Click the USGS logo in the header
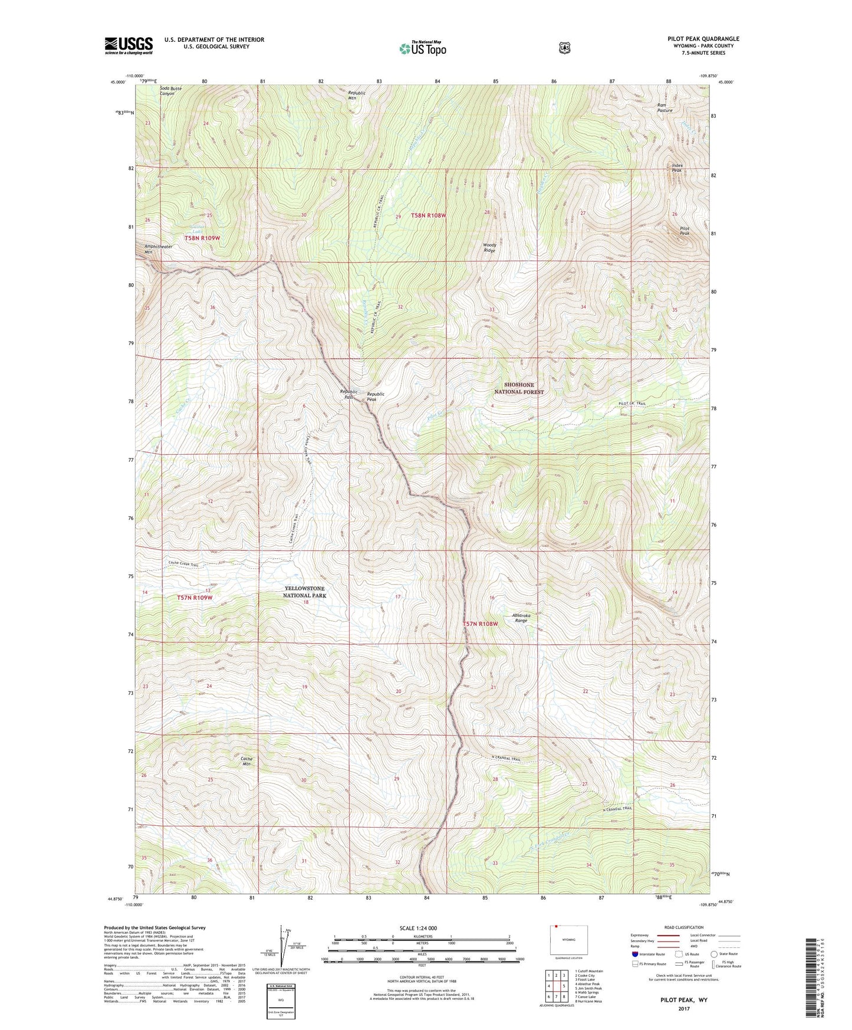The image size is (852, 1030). [x=129, y=45]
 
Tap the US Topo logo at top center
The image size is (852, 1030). [x=422, y=48]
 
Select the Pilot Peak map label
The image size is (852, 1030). [x=684, y=231]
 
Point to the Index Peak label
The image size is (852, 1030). [x=677, y=168]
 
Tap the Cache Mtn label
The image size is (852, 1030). [x=246, y=761]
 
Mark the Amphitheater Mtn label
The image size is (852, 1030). [x=158, y=249]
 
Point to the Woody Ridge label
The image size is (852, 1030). [x=489, y=247]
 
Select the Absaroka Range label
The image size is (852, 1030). [x=521, y=618]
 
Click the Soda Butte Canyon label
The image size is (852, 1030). [x=170, y=91]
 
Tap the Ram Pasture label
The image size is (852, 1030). [x=665, y=108]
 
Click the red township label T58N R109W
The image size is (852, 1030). [x=202, y=238]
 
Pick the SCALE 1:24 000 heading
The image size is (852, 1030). [x=418, y=928]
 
